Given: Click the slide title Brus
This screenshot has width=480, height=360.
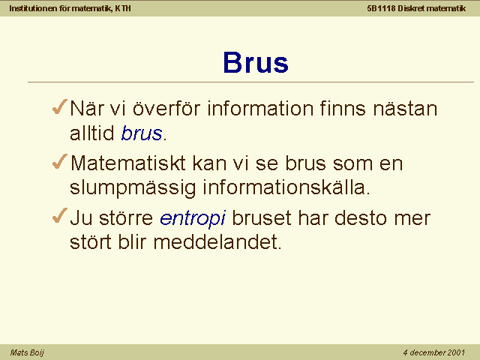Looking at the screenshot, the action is tap(256, 62).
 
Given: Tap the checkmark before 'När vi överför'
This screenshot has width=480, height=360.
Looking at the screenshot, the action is tap(60, 106).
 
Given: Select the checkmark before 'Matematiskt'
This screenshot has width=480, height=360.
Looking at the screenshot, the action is tap(60, 161).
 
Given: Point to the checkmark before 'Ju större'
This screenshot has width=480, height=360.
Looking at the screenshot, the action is tap(60, 215).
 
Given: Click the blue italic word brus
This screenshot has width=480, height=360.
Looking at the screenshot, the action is tap(142, 133).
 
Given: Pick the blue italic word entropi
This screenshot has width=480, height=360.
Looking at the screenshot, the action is tap(193, 219).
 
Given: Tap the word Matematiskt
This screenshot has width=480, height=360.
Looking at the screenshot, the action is tap(128, 163).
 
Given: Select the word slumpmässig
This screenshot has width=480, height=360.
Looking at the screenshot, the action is tap(133, 188).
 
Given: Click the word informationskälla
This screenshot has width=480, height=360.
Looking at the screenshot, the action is tap(286, 187).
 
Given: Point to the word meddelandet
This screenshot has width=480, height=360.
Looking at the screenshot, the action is tap(217, 241).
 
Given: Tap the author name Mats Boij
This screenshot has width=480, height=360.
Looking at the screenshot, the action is tap(27, 352).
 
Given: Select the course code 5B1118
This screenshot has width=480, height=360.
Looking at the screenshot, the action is tap(381, 8).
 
